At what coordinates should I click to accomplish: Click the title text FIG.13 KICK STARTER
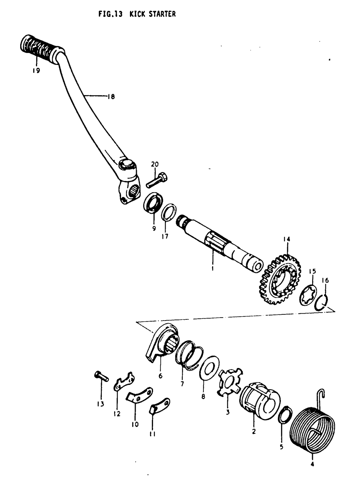coord(137,14)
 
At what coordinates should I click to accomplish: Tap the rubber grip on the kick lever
coord(40,47)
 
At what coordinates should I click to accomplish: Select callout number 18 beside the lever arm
coord(111,96)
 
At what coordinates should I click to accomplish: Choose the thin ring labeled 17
coord(168,213)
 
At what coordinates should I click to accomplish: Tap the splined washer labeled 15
coord(308,295)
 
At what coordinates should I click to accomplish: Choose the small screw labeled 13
coord(101,377)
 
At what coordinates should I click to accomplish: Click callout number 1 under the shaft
coord(212,268)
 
